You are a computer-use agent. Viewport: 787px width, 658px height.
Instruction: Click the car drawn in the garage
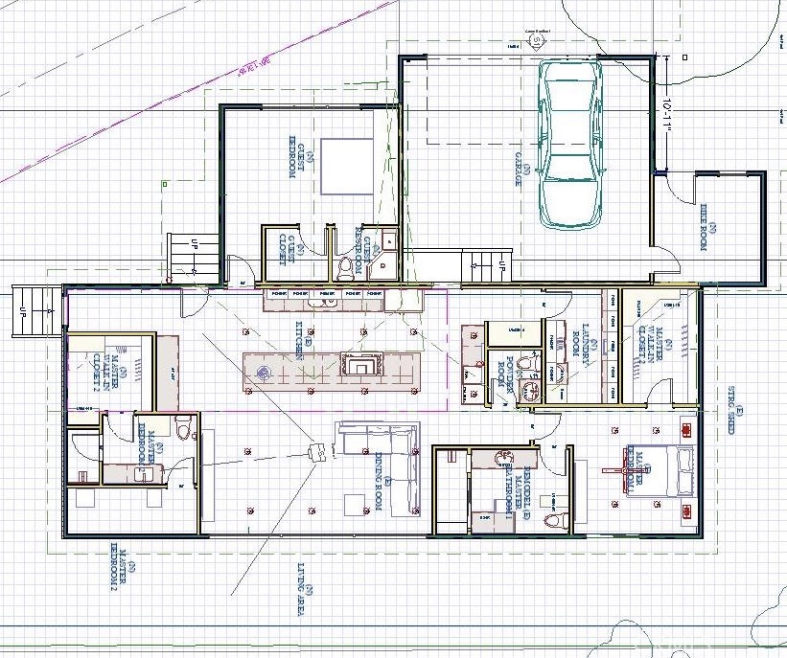(571, 144)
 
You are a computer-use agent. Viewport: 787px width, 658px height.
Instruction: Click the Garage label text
(524, 174)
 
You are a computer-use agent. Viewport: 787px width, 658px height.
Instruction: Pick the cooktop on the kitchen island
(362, 365)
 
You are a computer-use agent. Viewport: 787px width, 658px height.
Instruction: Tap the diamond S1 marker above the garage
(533, 42)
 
